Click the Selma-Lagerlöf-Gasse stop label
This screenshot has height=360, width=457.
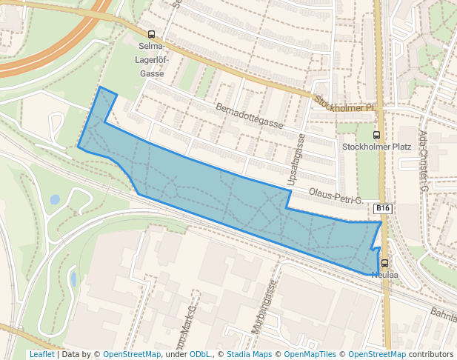(151, 60)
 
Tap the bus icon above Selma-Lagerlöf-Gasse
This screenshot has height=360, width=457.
(151, 35)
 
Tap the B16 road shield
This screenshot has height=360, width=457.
(381, 209)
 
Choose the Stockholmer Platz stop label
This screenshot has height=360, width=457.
(376, 147)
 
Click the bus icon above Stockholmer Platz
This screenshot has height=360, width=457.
(376, 135)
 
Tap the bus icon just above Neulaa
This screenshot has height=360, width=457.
(384, 263)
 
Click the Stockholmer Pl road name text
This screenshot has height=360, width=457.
(344, 104)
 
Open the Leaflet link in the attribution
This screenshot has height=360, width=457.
(41, 355)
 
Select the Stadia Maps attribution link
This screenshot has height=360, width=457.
(249, 355)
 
